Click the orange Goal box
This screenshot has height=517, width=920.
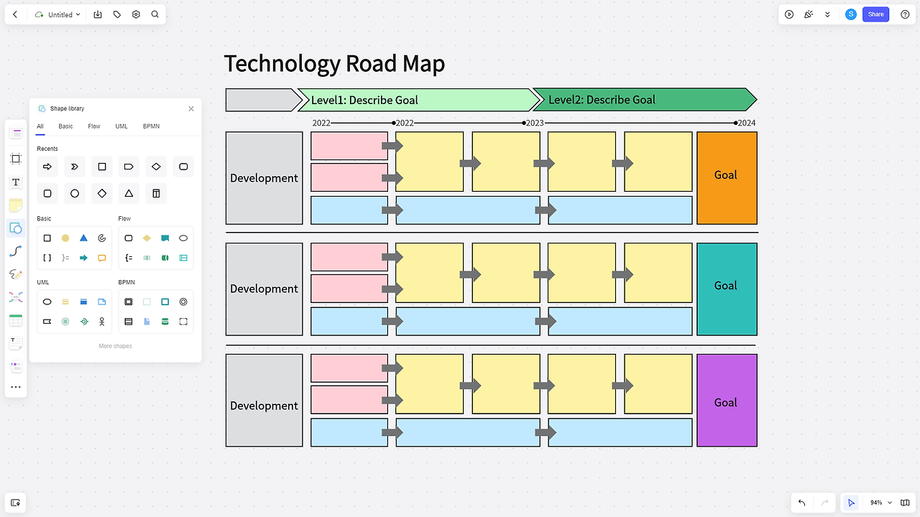click(726, 177)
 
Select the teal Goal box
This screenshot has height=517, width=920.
click(726, 289)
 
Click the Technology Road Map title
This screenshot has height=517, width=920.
click(334, 64)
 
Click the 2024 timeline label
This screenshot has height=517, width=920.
click(747, 124)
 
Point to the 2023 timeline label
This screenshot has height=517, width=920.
click(535, 124)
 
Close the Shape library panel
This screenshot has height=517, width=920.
click(191, 108)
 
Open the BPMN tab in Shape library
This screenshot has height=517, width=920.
click(151, 126)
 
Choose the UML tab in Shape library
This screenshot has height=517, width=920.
click(121, 126)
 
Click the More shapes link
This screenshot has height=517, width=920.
click(115, 346)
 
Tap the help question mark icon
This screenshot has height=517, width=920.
click(905, 14)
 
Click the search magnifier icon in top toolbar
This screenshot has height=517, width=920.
click(155, 14)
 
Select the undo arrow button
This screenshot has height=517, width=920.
click(801, 503)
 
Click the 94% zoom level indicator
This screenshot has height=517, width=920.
click(876, 503)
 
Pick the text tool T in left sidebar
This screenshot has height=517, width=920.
click(16, 182)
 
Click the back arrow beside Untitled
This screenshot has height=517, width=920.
click(15, 14)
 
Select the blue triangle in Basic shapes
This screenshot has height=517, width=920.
click(83, 238)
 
